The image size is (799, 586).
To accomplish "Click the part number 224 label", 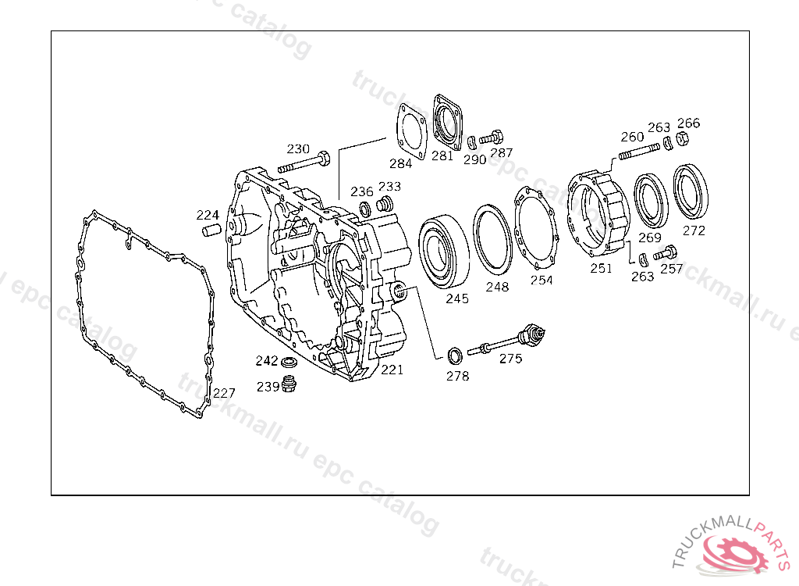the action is point(208,215).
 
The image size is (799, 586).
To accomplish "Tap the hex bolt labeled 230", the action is point(304,163).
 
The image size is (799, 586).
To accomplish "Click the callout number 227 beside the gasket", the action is point(224,392).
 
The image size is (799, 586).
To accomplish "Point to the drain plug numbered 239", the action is point(289,384).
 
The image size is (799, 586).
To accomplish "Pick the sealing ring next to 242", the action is point(289,363).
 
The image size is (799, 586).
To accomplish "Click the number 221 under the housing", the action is point(392,370).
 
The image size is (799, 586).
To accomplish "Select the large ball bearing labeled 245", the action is point(443,251).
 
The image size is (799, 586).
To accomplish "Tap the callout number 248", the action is point(497,287).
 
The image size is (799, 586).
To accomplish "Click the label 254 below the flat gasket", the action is point(542,280).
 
